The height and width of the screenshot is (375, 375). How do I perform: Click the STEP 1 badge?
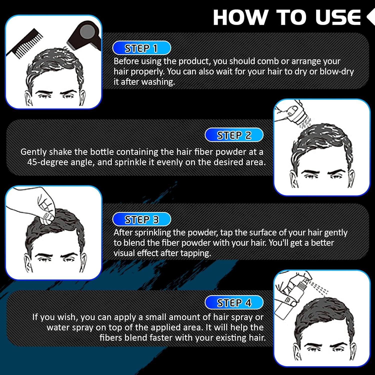point(142,48)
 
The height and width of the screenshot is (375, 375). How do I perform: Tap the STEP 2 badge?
point(234,135)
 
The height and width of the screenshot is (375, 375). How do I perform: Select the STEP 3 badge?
point(142,219)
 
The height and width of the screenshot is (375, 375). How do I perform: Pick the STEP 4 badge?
point(234,302)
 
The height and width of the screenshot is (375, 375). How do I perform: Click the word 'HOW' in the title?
point(240,17)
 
